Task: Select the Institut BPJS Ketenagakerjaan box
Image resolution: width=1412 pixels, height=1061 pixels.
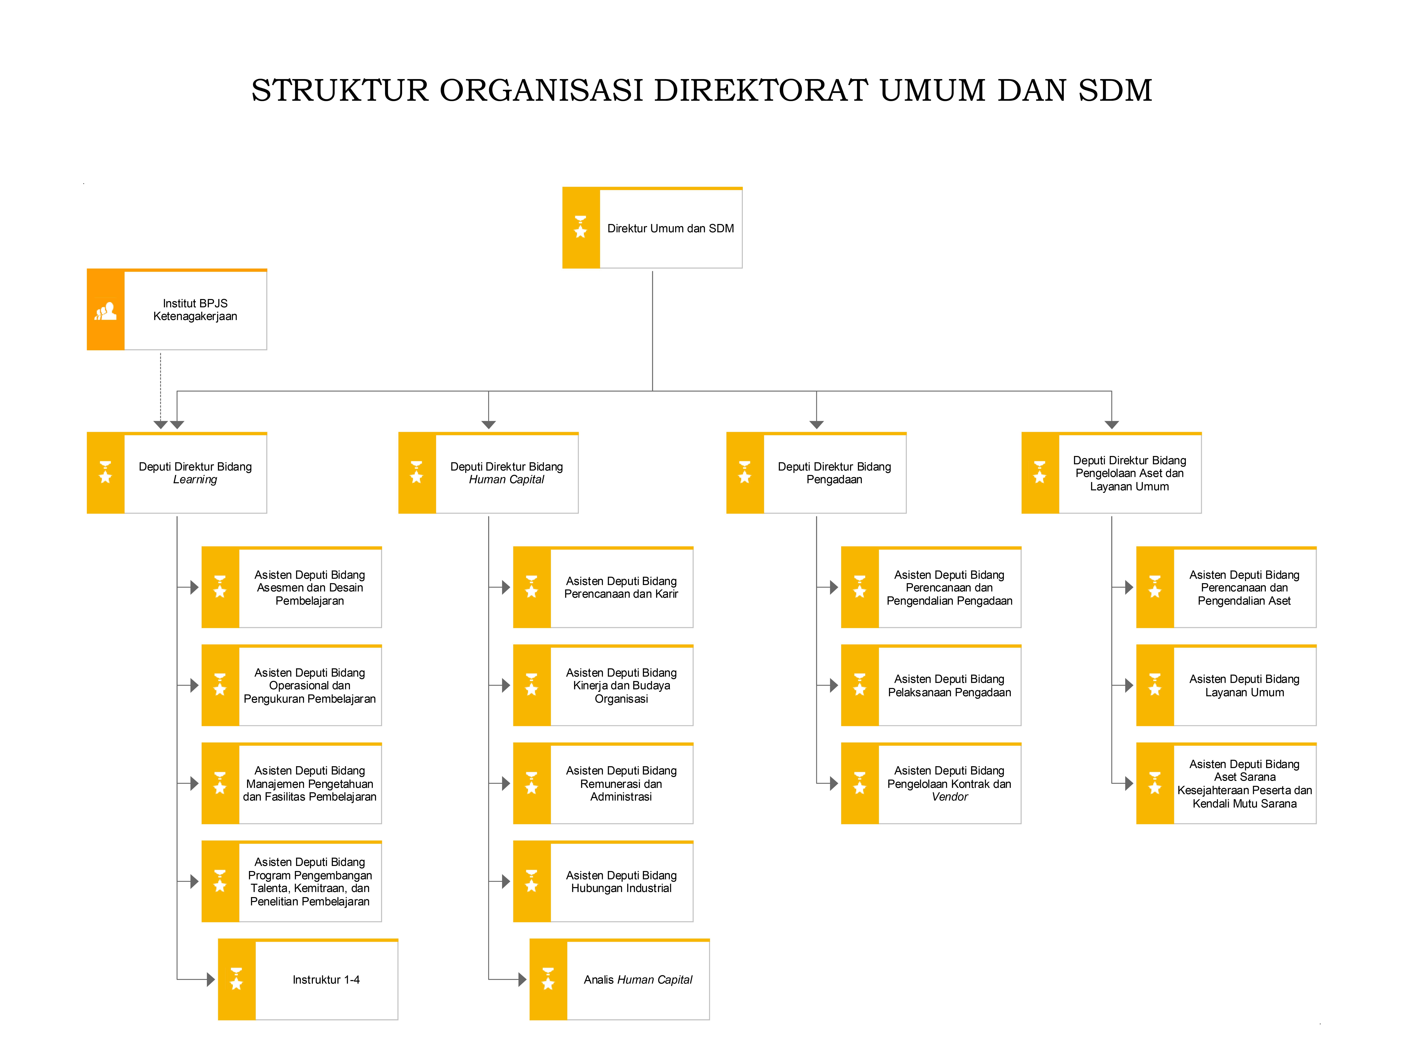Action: point(177,309)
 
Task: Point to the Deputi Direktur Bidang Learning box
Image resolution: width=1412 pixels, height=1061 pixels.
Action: point(177,473)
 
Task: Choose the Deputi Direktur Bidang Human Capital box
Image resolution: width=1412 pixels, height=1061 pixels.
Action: point(488,473)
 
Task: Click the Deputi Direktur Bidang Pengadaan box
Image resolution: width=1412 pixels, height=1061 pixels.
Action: point(816,473)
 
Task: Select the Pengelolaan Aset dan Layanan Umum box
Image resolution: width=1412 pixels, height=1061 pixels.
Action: point(1111,473)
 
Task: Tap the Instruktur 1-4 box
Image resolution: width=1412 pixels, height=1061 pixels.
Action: point(308,979)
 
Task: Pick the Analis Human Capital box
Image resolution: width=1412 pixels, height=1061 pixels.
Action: point(619,979)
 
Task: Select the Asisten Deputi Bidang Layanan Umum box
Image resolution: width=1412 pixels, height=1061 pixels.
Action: point(1226,685)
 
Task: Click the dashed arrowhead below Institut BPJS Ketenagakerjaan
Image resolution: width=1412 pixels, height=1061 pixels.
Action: point(160,424)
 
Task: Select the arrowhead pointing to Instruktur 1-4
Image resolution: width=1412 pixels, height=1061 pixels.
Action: point(211,979)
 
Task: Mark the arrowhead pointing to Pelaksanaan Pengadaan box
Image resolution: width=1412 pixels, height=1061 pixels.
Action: point(834,685)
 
